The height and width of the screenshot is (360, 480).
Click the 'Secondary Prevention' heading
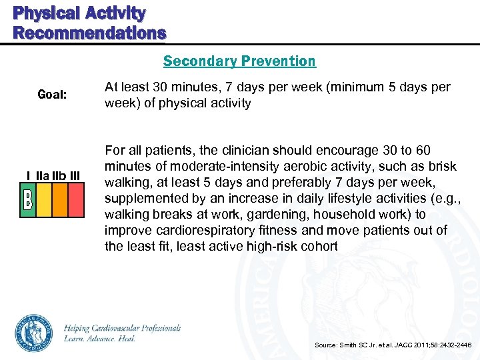point(239,61)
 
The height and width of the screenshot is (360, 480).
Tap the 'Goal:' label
point(51,95)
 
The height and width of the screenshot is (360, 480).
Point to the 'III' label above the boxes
point(74,175)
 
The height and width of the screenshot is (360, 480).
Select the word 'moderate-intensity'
point(213,167)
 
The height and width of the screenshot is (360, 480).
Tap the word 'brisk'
point(443,167)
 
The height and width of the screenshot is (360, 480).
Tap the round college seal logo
point(33,333)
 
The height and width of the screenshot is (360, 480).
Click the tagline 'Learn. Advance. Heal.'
point(100,339)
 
